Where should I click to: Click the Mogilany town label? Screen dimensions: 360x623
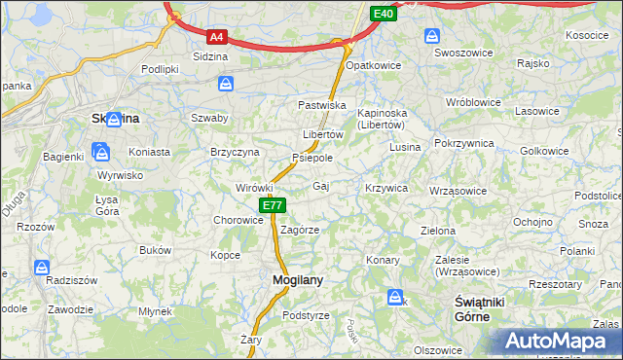point(289,279)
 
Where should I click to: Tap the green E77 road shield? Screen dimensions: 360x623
point(273,205)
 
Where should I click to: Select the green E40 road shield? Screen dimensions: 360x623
point(383,14)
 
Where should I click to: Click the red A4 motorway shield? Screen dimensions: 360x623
point(216,37)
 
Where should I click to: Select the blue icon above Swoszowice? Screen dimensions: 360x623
point(432,36)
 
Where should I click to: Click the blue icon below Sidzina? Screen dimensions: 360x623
point(226,84)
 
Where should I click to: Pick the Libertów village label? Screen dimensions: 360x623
point(323,134)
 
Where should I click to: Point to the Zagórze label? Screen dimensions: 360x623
point(300,231)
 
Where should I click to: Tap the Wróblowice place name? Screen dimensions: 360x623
point(472,101)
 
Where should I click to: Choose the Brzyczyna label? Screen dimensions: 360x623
point(235,153)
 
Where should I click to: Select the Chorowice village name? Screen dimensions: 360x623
point(238,220)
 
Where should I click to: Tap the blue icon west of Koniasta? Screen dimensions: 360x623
point(100,151)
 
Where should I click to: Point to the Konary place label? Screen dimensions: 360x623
point(384,260)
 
